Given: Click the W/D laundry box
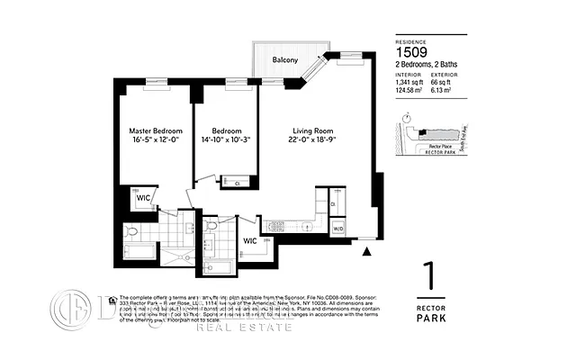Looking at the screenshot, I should [338, 229].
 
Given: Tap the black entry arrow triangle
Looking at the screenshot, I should [366, 252].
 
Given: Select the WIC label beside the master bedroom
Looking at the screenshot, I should [143, 198].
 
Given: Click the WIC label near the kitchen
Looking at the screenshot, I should [251, 240].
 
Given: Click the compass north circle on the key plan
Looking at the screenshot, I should [408, 117].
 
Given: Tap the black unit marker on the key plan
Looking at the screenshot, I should [418, 135].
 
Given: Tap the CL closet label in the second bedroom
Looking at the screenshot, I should [237, 183].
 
